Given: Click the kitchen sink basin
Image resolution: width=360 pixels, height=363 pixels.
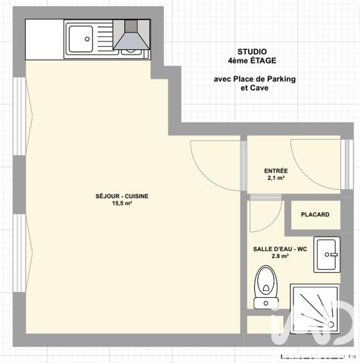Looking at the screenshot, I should [x=79, y=35].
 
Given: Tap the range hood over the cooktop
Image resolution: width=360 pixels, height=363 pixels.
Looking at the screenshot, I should [x=131, y=35].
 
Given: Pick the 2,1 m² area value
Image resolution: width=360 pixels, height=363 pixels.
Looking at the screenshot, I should [x=276, y=179].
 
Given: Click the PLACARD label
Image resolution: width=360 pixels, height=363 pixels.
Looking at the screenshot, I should [x=315, y=215].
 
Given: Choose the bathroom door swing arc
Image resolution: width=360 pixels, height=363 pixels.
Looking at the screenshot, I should [x=261, y=216].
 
